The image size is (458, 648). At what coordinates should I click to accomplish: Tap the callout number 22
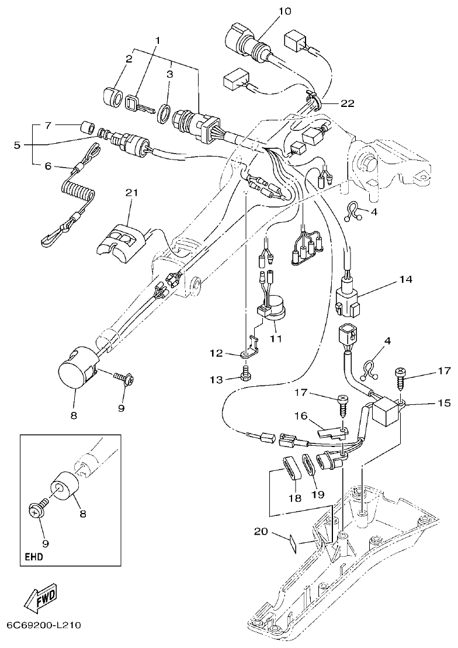tap(331, 103)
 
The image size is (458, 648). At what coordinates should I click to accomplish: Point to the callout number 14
tap(405, 280)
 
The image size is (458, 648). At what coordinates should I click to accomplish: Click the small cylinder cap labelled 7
tap(89, 127)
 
